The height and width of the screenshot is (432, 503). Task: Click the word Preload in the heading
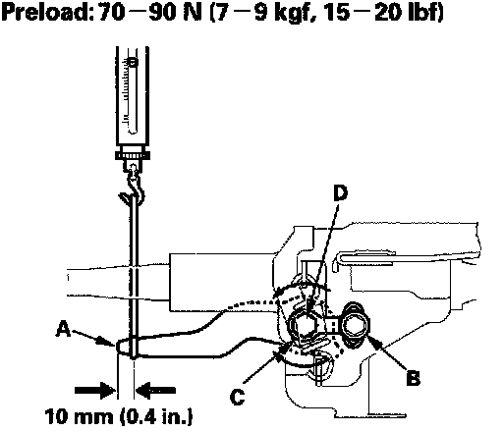[45, 12]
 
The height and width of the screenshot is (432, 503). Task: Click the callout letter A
[63, 329]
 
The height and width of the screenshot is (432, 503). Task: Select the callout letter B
[413, 377]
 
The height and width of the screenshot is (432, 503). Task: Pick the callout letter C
[237, 397]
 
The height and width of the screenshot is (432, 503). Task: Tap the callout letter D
[341, 193]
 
